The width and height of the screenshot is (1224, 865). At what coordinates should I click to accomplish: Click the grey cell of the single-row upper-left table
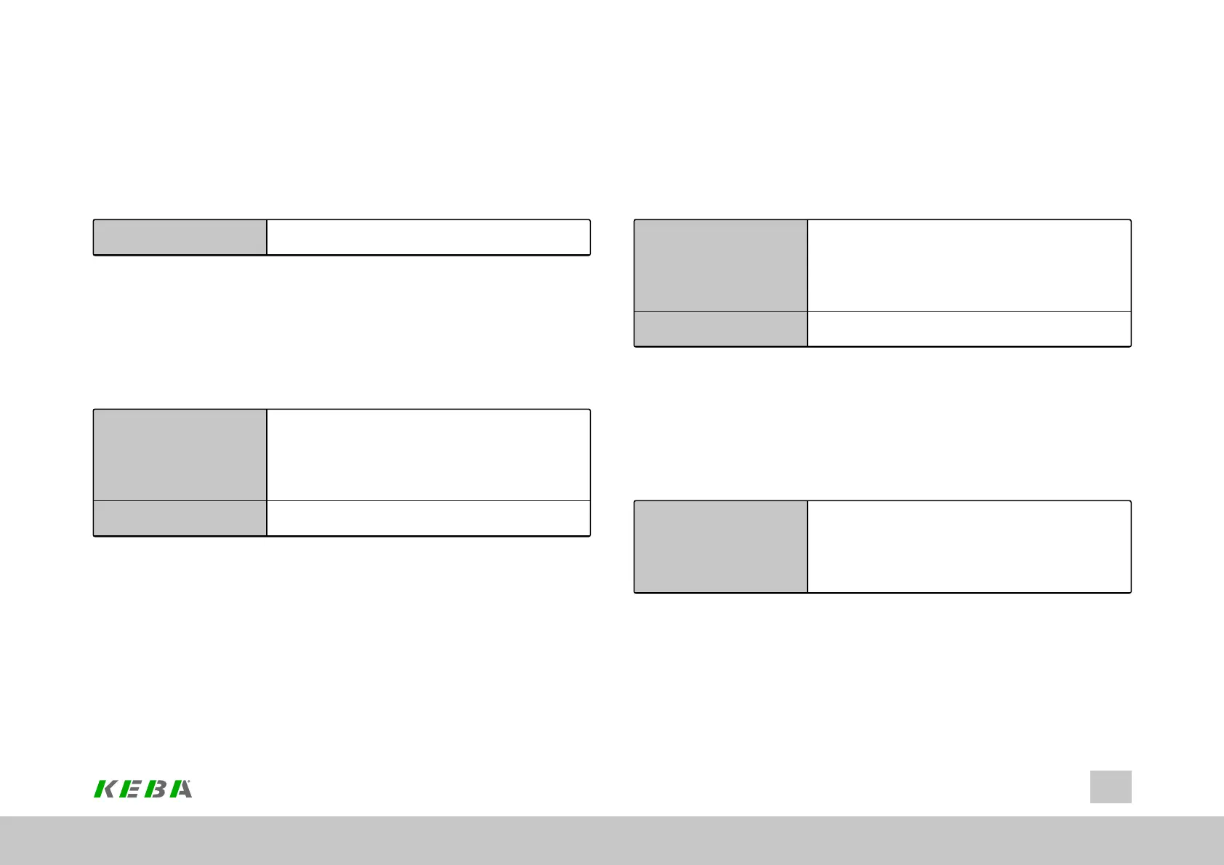click(x=180, y=237)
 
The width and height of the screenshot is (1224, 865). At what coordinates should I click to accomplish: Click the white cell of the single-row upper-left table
click(x=428, y=237)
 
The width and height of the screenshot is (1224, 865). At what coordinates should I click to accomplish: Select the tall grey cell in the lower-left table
click(x=180, y=455)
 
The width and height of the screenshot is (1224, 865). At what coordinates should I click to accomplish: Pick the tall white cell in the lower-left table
click(x=428, y=455)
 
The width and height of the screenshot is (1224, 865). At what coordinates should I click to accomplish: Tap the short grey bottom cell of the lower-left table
click(x=180, y=518)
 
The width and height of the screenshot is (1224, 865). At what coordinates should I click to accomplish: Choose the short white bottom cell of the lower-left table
click(x=428, y=518)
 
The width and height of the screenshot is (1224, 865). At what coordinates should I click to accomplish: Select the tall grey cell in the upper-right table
click(x=720, y=265)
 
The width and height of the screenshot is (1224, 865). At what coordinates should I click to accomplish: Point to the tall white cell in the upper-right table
click(x=969, y=265)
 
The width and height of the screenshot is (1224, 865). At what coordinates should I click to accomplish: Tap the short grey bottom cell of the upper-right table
click(x=720, y=328)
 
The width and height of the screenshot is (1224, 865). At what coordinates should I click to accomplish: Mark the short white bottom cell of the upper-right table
click(x=969, y=328)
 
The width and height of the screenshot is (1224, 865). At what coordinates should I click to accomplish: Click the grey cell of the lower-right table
click(x=720, y=546)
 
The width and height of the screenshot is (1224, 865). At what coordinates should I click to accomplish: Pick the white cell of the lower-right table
click(x=969, y=546)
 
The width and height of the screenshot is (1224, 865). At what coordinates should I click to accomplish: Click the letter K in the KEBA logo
click(x=106, y=789)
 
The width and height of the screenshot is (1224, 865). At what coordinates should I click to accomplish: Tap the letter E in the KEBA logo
click(x=132, y=789)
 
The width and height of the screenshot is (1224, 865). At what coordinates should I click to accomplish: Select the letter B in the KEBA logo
click(x=156, y=789)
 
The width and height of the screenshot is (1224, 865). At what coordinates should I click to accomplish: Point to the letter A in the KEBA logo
click(x=180, y=789)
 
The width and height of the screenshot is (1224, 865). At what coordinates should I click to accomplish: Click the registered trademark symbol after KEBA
click(x=190, y=782)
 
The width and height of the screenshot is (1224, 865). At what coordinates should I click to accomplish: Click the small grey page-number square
click(x=1111, y=787)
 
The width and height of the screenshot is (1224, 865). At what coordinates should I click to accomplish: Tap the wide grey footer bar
click(x=612, y=840)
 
